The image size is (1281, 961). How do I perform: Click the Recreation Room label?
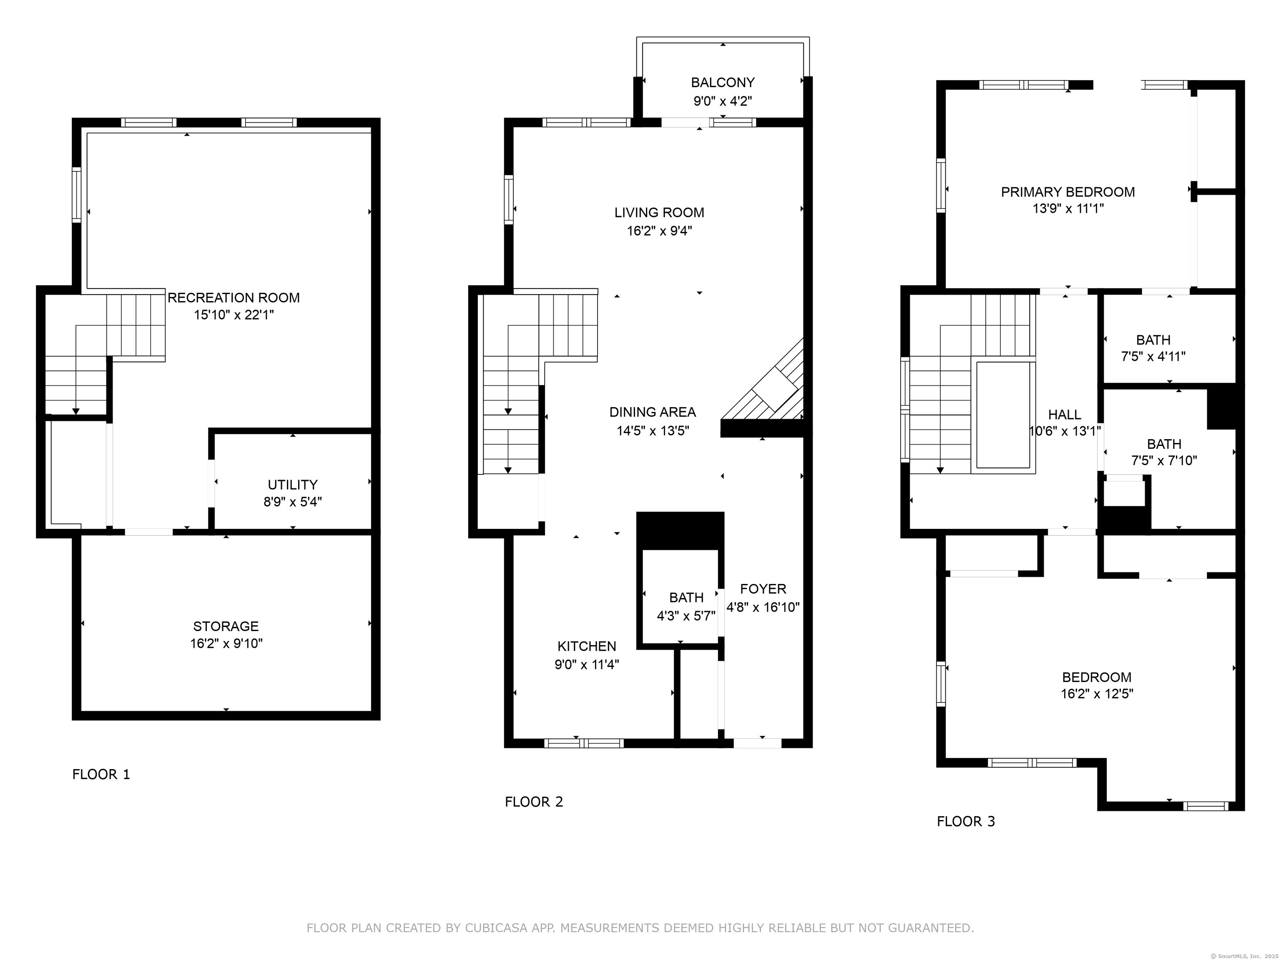234,298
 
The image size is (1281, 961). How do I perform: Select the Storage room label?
226,626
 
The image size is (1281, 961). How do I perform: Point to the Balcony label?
723,82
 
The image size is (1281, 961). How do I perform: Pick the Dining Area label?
653,412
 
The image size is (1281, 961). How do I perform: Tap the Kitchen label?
587,646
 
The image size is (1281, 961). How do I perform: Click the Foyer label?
763,589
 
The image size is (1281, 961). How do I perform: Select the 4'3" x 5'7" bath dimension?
686,616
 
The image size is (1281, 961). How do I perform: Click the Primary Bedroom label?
1068,192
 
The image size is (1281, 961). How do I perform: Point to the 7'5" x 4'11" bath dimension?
1153,356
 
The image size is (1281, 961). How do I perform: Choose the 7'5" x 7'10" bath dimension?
1164,460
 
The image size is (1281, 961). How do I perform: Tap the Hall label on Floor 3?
1065,415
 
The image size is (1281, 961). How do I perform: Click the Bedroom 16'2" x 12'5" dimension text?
1097,693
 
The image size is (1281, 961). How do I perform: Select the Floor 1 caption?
101,774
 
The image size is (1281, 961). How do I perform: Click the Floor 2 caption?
534,802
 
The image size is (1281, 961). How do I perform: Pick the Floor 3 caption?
966,821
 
